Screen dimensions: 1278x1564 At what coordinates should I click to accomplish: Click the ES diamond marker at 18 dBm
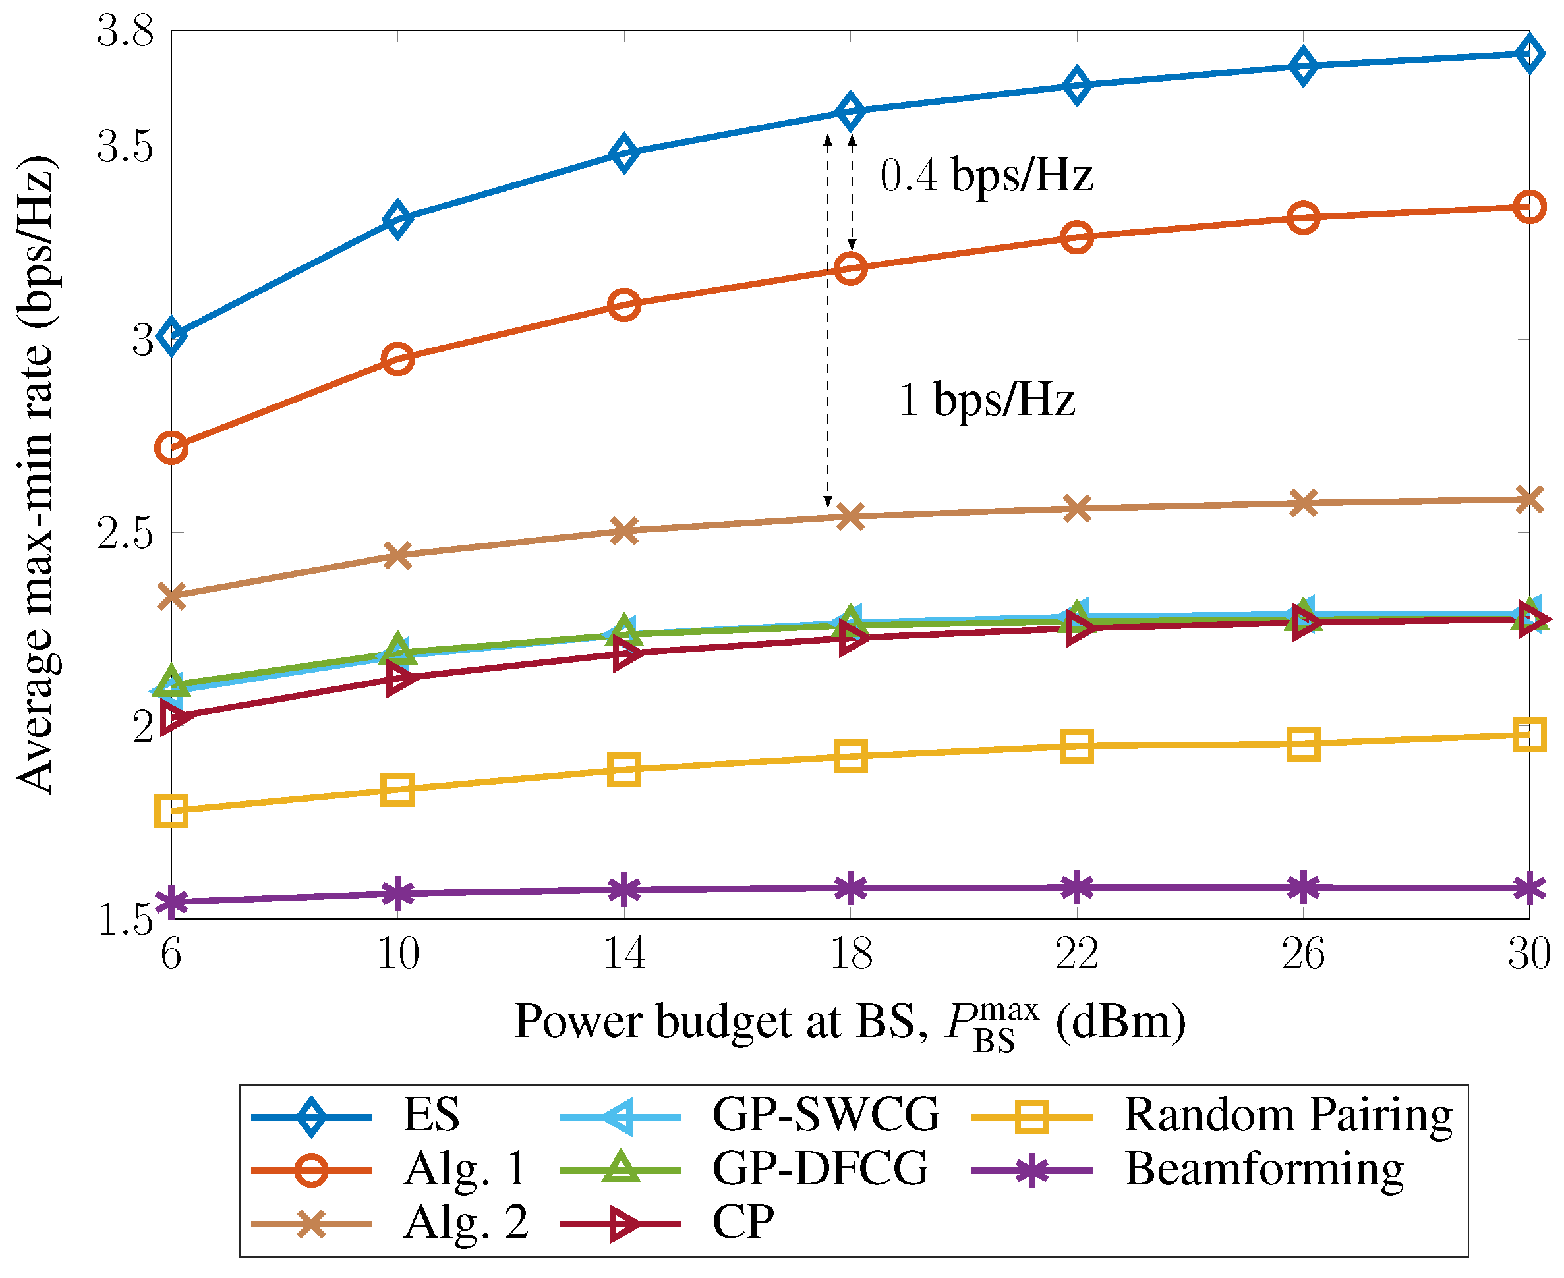[850, 111]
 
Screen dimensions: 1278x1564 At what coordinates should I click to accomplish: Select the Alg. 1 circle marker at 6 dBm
[171, 447]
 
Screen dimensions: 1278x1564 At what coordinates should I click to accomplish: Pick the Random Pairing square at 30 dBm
[1528, 734]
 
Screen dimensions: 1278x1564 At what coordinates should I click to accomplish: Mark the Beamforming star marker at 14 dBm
[623, 889]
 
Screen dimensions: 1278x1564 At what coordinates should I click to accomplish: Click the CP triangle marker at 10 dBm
[398, 677]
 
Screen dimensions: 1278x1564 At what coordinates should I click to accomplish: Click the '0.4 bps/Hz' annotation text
[985, 176]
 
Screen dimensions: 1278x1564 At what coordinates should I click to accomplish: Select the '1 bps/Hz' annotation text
[987, 400]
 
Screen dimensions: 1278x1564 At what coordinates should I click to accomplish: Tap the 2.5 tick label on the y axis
[125, 532]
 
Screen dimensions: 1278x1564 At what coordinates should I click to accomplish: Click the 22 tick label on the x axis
[1076, 954]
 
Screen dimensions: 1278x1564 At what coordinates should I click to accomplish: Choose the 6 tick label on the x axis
[171, 954]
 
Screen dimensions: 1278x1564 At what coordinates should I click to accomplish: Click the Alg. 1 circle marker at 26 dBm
[1302, 218]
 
